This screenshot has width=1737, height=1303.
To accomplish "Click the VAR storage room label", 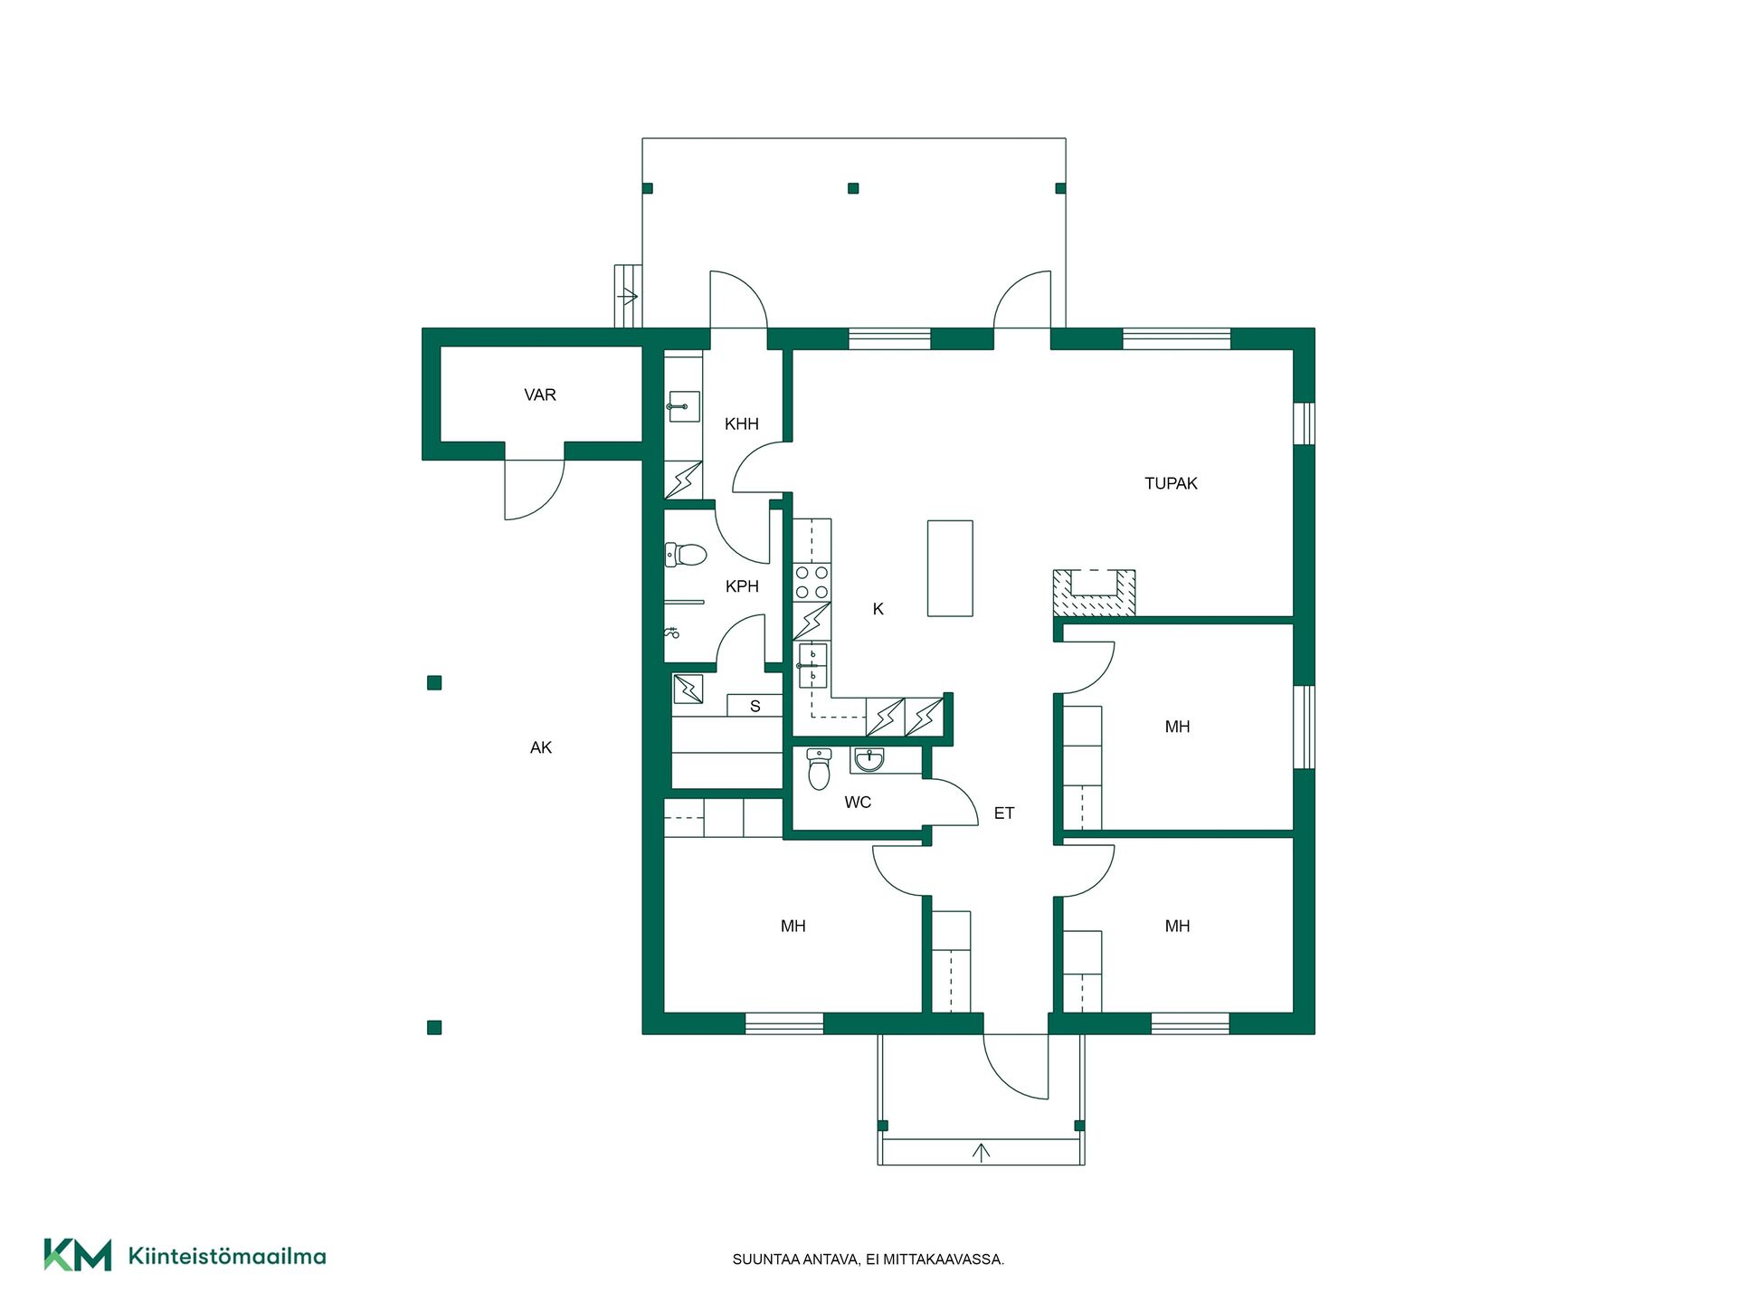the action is pyautogui.click(x=540, y=395).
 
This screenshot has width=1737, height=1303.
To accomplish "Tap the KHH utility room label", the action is pyautogui.click(x=742, y=423).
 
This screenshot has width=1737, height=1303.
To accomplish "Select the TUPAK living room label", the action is pyautogui.click(x=1171, y=483).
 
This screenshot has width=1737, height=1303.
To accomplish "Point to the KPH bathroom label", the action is pyautogui.click(x=742, y=586).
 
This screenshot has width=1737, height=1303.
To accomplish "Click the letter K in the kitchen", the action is pyautogui.click(x=878, y=609).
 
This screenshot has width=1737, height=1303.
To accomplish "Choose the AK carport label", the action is pyautogui.click(x=541, y=747).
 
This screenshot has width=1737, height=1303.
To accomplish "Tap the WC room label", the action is pyautogui.click(x=858, y=802).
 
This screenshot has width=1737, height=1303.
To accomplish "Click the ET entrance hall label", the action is pyautogui.click(x=1004, y=813).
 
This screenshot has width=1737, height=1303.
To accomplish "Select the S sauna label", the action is pyautogui.click(x=755, y=706).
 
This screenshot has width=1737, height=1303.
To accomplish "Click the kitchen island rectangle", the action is pyautogui.click(x=950, y=568).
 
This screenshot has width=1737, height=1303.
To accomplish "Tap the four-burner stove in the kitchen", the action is pyautogui.click(x=812, y=582).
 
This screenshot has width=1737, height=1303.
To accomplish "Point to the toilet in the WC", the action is pyautogui.click(x=819, y=768).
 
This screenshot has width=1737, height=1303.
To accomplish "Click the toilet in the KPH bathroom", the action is pyautogui.click(x=685, y=554).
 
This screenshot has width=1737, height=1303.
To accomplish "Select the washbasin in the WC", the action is pyautogui.click(x=868, y=760).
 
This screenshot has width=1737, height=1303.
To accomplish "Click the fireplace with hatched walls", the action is pyautogui.click(x=1094, y=594).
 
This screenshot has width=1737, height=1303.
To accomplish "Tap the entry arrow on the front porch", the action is pyautogui.click(x=981, y=1151).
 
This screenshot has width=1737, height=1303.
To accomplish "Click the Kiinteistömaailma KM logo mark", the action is pyautogui.click(x=78, y=1255).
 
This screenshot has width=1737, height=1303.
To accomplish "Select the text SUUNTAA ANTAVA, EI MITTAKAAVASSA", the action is pyautogui.click(x=868, y=1260).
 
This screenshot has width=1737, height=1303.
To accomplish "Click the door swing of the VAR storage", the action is pyautogui.click(x=534, y=490).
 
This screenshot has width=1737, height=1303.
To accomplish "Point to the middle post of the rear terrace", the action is pyautogui.click(x=853, y=188).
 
